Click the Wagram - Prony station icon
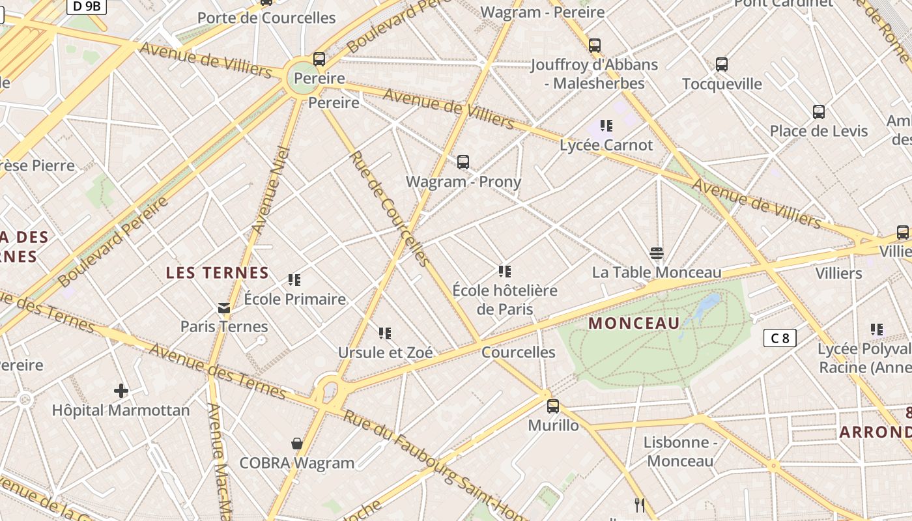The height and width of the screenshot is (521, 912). click(x=463, y=162)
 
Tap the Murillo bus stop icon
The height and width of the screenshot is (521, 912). click(x=553, y=406)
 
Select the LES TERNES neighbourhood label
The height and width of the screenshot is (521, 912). click(x=218, y=272)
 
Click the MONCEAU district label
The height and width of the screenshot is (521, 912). click(x=634, y=323)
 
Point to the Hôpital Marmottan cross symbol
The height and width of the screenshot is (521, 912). click(x=121, y=391)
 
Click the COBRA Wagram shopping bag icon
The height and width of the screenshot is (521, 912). click(x=297, y=444)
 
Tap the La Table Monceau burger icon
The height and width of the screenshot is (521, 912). click(x=657, y=253)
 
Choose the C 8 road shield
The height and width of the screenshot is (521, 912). click(x=780, y=338)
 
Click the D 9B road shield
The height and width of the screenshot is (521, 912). click(x=87, y=6)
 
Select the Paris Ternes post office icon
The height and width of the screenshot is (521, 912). click(x=224, y=307)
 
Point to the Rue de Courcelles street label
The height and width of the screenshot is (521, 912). click(x=390, y=208)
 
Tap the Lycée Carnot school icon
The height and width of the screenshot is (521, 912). click(x=606, y=126)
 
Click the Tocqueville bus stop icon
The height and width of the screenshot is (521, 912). click(x=722, y=64)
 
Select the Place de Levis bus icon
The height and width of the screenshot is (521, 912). click(x=819, y=111)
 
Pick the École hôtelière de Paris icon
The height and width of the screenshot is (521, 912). click(x=505, y=271)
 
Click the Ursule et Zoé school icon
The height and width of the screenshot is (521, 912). click(x=385, y=333)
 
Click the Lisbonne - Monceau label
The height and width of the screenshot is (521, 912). click(x=680, y=451)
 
